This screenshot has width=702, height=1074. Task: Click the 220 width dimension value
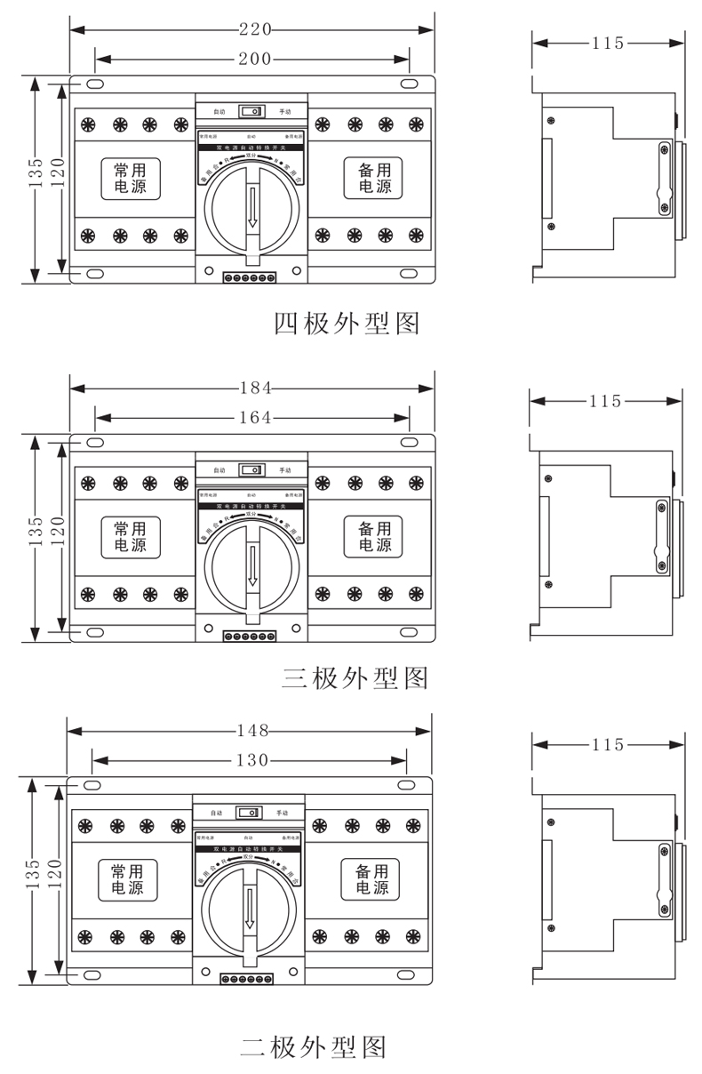[254, 29]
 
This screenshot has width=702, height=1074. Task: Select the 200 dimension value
[254, 59]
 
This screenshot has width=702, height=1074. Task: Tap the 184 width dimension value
[254, 388]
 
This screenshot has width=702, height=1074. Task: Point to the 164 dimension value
[254, 417]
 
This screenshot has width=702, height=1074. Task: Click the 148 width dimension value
[252, 731]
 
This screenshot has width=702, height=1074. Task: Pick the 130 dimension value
[252, 760]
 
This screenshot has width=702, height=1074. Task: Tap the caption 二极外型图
[313, 1046]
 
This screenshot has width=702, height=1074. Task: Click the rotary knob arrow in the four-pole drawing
[253, 208]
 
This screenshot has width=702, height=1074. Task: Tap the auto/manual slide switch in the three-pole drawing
[253, 470]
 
